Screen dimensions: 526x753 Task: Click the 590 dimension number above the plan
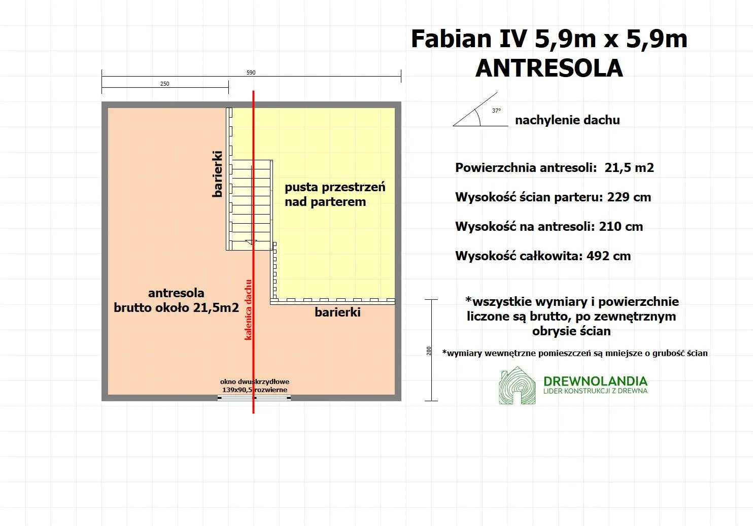(x=251, y=73)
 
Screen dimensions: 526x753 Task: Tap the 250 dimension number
(x=165, y=84)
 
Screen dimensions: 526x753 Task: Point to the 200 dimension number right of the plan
(x=429, y=350)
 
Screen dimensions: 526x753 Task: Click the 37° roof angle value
(x=496, y=111)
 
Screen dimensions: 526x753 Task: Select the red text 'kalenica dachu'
(x=248, y=309)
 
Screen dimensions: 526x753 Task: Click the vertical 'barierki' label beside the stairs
(x=217, y=173)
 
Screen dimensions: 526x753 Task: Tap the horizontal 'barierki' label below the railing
(x=337, y=312)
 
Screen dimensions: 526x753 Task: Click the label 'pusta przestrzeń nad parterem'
(x=335, y=194)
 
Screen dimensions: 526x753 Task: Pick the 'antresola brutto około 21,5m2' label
(x=176, y=300)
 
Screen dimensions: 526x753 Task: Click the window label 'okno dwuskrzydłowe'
(x=255, y=381)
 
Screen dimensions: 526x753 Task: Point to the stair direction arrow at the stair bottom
(x=251, y=242)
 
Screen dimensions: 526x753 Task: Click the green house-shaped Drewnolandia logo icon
(x=517, y=386)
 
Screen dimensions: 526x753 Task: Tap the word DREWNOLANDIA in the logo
(x=595, y=381)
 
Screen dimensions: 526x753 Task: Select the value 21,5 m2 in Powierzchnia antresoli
(x=629, y=168)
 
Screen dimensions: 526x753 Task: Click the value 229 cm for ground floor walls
(x=629, y=197)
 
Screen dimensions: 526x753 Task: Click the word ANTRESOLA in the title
(x=549, y=68)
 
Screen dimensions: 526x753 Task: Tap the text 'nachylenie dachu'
(x=567, y=120)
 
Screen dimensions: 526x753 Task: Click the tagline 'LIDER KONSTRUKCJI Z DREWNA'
(x=595, y=391)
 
